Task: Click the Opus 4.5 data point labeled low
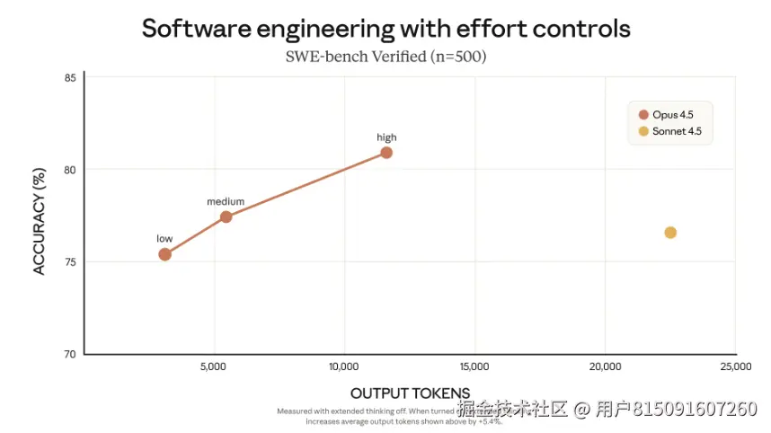coord(164,254)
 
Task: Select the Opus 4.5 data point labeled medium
coord(226,216)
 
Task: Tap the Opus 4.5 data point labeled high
coord(386,152)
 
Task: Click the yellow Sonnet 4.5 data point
coord(669,233)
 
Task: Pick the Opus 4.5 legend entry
coord(664,114)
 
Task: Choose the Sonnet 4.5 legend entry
coord(669,132)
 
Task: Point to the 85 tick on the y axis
coord(69,78)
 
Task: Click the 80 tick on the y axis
coord(69,170)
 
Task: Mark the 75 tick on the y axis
coord(69,262)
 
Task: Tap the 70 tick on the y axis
coord(69,354)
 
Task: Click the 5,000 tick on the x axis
coord(214,367)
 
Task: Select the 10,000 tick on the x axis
coord(344,367)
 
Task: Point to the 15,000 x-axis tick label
coord(474,367)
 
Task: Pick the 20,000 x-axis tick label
coord(605,367)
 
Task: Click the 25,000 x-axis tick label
coord(735,367)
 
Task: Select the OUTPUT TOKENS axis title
coord(410,393)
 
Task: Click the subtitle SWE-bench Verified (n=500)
coord(385,57)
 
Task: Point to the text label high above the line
coord(386,137)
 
